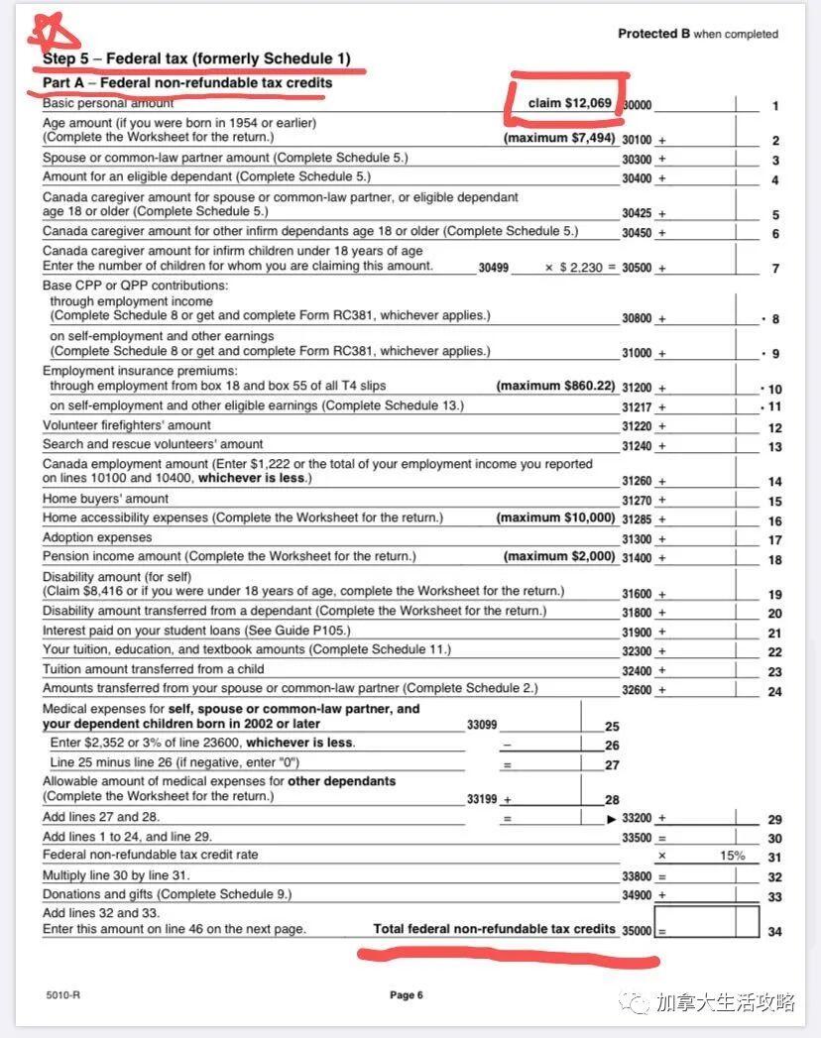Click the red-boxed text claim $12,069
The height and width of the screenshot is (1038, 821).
coord(569,103)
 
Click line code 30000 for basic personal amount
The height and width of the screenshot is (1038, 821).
coord(637,105)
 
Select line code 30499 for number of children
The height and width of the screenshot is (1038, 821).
coord(493,268)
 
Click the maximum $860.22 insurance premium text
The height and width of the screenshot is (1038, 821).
coord(555,386)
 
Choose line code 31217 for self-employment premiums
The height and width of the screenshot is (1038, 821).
coord(637,406)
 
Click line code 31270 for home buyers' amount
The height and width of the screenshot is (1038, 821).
coord(637,501)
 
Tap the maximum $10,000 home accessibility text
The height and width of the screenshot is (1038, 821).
coord(555,519)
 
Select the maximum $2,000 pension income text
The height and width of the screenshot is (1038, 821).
coord(559,556)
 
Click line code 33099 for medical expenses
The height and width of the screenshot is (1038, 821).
coord(482,725)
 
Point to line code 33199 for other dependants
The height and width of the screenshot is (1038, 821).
coord(482,799)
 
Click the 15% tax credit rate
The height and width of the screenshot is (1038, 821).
coord(732,856)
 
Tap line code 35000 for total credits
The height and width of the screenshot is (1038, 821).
coord(637,931)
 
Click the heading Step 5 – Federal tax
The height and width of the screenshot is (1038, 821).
coord(196,59)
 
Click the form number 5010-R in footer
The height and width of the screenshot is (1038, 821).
coord(62,994)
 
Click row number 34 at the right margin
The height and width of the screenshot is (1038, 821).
coord(774,931)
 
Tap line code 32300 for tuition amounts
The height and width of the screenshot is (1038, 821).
coord(637,651)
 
